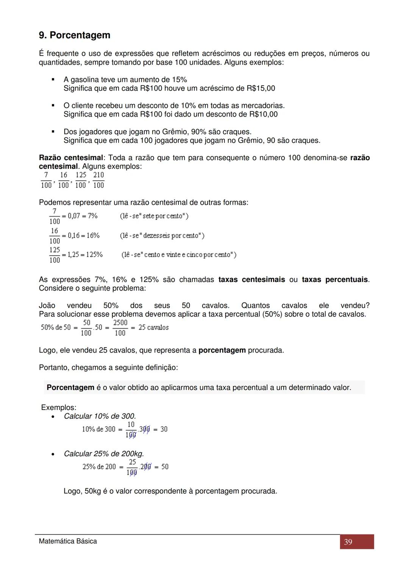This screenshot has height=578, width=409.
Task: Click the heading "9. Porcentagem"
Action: pos(75,35)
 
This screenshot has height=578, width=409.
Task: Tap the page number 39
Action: pos(348,542)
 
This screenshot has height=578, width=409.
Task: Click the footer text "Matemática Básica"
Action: pos(68,541)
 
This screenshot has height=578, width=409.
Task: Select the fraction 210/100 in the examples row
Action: pos(98,180)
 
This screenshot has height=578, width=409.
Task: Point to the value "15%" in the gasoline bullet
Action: pos(180,79)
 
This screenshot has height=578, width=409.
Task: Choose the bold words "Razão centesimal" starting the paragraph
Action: pos(71,157)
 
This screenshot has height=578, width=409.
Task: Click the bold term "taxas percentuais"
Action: pos(335,279)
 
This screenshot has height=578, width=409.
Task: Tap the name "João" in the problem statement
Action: pos(47,305)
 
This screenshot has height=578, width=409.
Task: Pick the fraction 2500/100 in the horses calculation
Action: pos(120,328)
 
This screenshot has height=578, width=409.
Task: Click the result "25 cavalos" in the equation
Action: pos(153,327)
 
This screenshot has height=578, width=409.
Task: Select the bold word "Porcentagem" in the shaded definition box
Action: pos(70,388)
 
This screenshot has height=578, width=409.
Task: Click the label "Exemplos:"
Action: pos(59,407)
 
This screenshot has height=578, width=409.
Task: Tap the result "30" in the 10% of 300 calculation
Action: pos(164,429)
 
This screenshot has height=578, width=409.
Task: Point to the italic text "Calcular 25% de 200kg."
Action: pos(104,453)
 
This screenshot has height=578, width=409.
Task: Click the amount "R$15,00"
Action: pos(261,88)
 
